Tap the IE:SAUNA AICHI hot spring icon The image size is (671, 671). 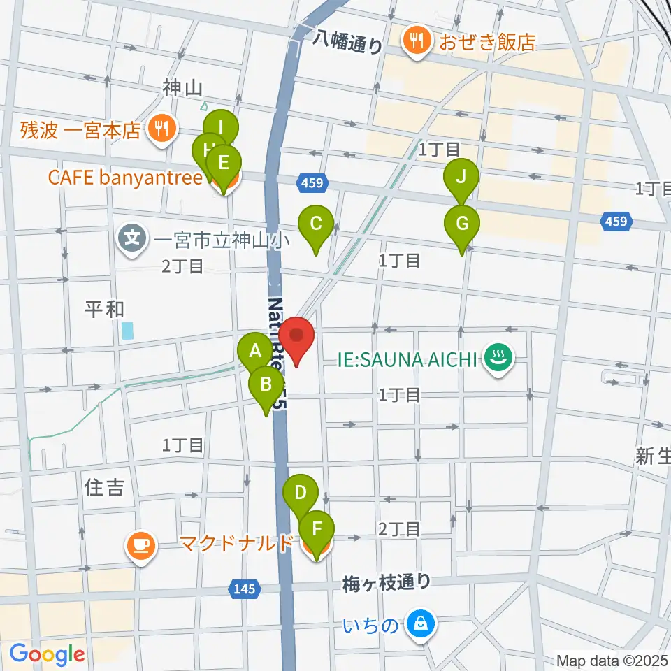click(x=499, y=360)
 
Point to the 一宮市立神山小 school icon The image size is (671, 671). click(x=131, y=238)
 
